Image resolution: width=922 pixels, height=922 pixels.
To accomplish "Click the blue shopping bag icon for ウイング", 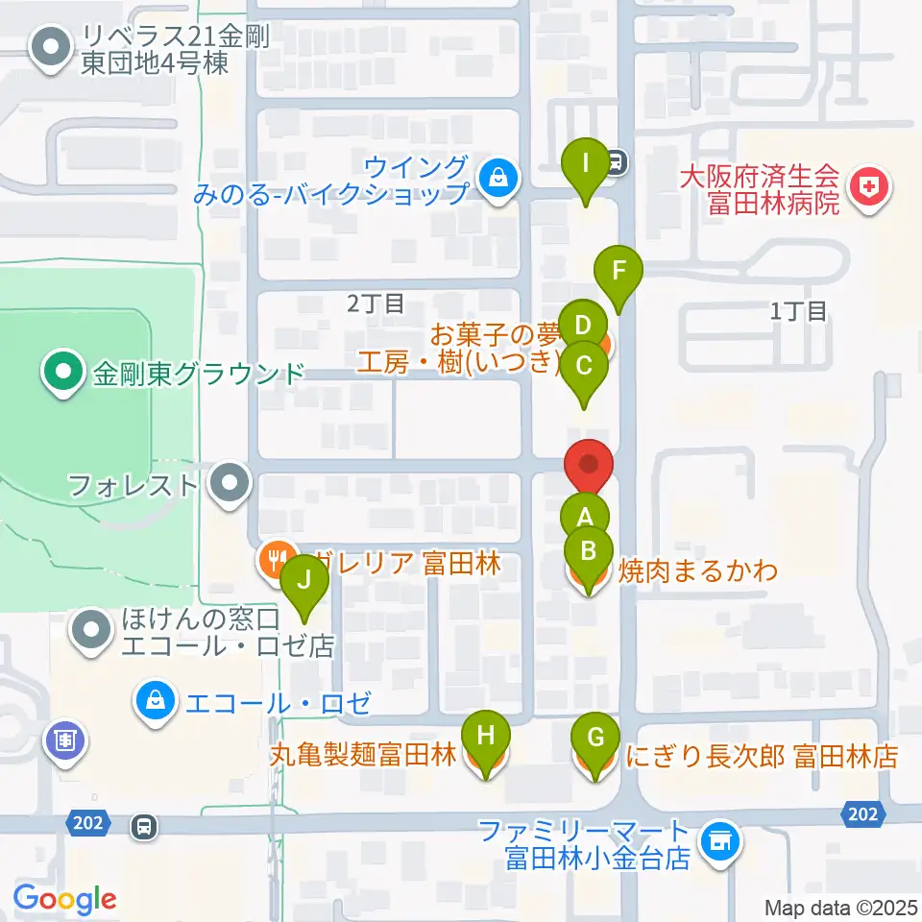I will pos(498,176).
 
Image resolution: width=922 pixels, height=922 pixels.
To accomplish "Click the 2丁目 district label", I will pos(376,303).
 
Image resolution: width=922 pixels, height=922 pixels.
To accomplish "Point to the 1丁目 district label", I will pos(799,310).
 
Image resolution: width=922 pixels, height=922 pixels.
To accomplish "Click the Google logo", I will pos(65,899).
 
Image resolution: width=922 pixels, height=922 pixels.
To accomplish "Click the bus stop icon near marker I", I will pos(617,162).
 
